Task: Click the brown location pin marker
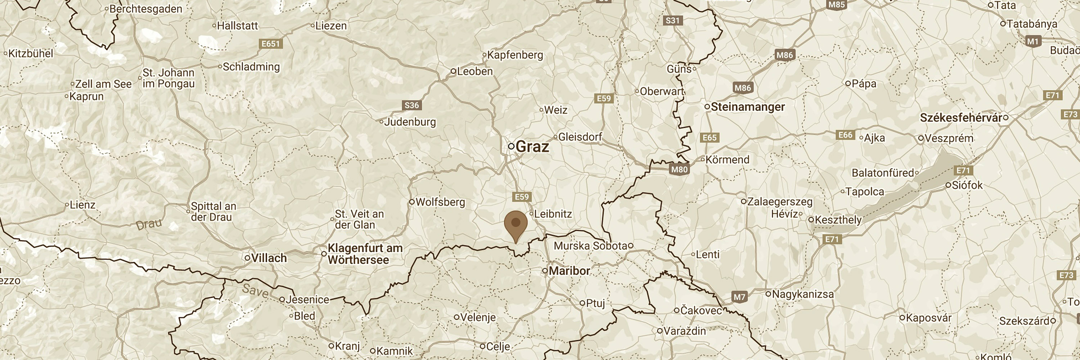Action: click(516, 225)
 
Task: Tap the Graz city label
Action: click(532, 147)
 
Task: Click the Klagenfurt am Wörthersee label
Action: click(364, 254)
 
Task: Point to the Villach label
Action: click(269, 258)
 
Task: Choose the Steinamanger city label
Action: click(747, 107)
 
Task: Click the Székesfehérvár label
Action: click(960, 118)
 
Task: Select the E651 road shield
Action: click(270, 44)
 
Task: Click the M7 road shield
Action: click(739, 297)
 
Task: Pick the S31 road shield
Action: click(672, 21)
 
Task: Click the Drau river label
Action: click(149, 224)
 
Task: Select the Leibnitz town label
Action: click(553, 214)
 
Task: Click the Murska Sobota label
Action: click(590, 246)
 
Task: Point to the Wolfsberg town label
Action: click(440, 202)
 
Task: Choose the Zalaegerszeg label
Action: click(780, 202)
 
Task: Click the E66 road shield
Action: click(845, 135)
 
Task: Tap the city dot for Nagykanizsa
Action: click(769, 294)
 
